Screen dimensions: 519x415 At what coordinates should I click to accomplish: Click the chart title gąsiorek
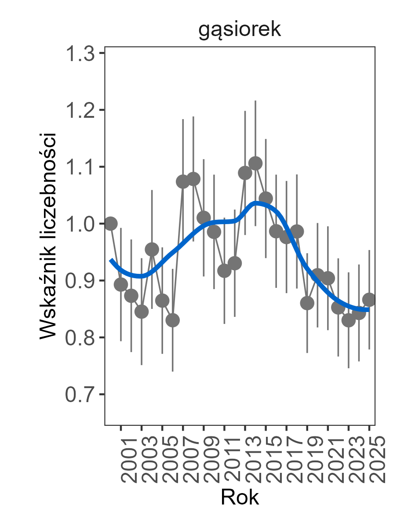tap(240, 31)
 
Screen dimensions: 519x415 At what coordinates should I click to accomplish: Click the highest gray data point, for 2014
tap(255, 163)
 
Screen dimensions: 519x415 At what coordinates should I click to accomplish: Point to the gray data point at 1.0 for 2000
tap(111, 223)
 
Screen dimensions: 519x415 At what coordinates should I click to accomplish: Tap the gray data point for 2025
tap(369, 300)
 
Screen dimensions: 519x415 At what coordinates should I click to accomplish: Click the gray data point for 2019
tap(307, 303)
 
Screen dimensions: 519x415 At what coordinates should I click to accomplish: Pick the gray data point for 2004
tap(152, 250)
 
